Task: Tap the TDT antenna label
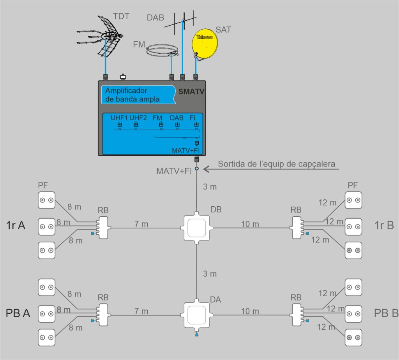click(121, 16)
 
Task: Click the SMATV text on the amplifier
click(191, 92)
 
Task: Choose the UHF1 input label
click(119, 118)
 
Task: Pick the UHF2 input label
click(138, 118)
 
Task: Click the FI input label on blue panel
click(192, 118)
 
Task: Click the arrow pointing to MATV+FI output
click(210, 169)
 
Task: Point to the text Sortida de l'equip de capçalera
click(276, 164)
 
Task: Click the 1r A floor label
click(16, 225)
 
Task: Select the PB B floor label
click(386, 313)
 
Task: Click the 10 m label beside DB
click(250, 224)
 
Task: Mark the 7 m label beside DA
click(142, 311)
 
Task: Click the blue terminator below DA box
click(197, 334)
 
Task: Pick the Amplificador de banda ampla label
click(132, 95)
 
